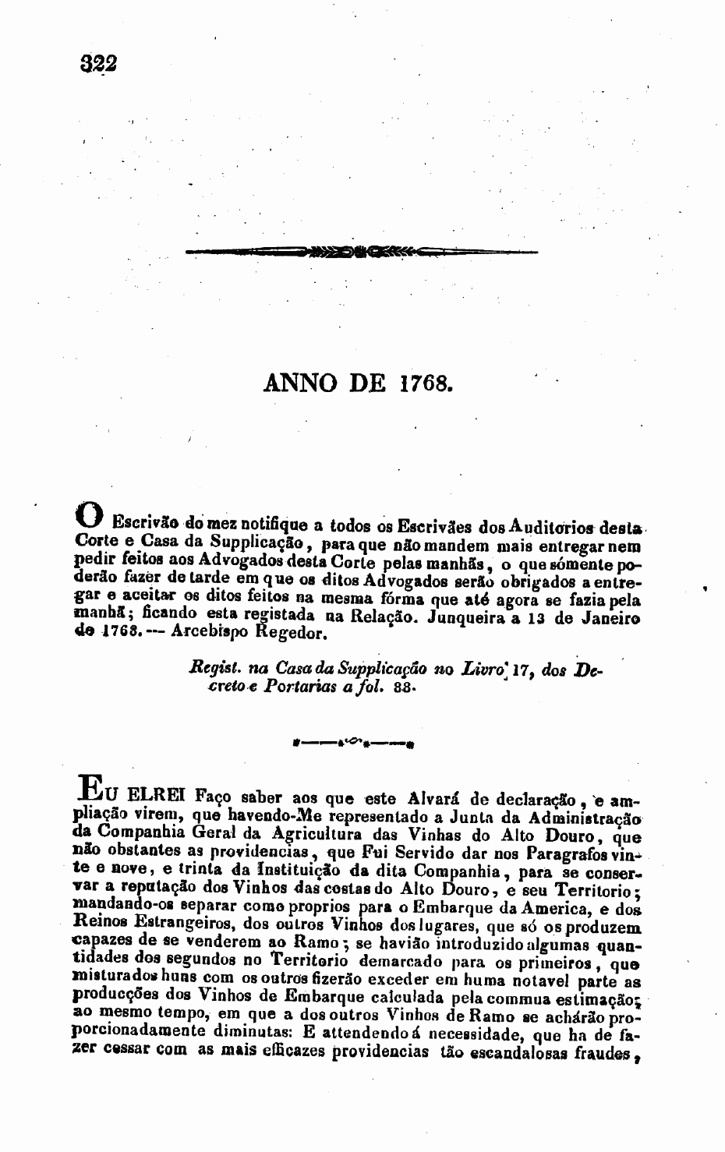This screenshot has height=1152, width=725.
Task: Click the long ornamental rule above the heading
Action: [x=362, y=252]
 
